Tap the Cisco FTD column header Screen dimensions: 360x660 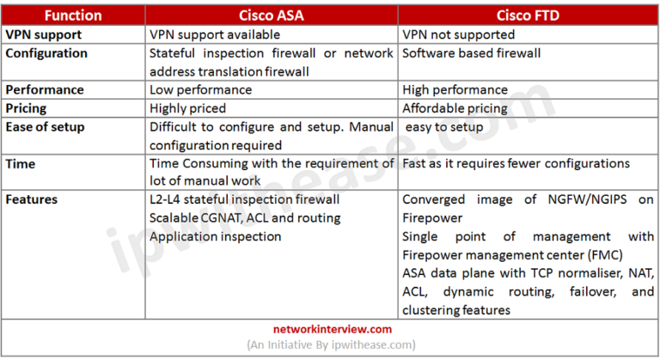pyautogui.click(x=528, y=15)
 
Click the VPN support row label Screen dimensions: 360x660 pyautogui.click(x=44, y=34)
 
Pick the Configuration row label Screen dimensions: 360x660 pyautogui.click(x=47, y=53)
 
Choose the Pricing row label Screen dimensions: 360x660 pyautogui.click(x=28, y=107)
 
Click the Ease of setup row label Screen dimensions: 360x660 pyautogui.click(x=46, y=126)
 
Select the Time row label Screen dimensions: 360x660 pyautogui.click(x=21, y=163)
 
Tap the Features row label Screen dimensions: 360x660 pyautogui.click(x=32, y=199)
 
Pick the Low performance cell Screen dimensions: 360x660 pyautogui.click(x=200, y=89)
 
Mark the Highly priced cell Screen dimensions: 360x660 pyautogui.click(x=188, y=107)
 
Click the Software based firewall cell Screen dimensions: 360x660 pyautogui.click(x=472, y=53)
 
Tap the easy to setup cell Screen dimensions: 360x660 pyautogui.click(x=445, y=127)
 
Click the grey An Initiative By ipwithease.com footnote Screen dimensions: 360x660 pyautogui.click(x=331, y=345)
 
